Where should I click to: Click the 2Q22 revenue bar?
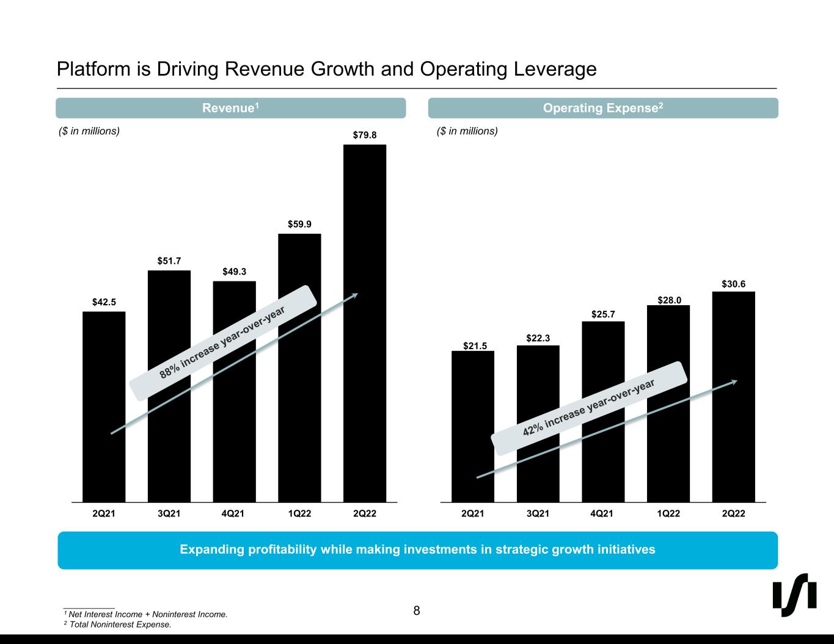point(365,324)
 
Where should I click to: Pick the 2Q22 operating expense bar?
point(733,397)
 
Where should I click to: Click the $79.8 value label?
point(365,134)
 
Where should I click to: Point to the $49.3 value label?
point(234,272)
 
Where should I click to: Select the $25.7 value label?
point(603,314)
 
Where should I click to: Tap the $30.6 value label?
point(733,284)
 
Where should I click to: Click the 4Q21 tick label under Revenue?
point(234,514)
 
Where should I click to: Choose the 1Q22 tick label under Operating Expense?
point(668,514)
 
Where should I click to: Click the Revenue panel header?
point(231,108)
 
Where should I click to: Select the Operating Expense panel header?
point(603,108)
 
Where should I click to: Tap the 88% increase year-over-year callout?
point(223,343)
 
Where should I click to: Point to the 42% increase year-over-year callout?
point(589,407)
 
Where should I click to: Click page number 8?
point(417,610)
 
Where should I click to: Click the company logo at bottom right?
point(795,595)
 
